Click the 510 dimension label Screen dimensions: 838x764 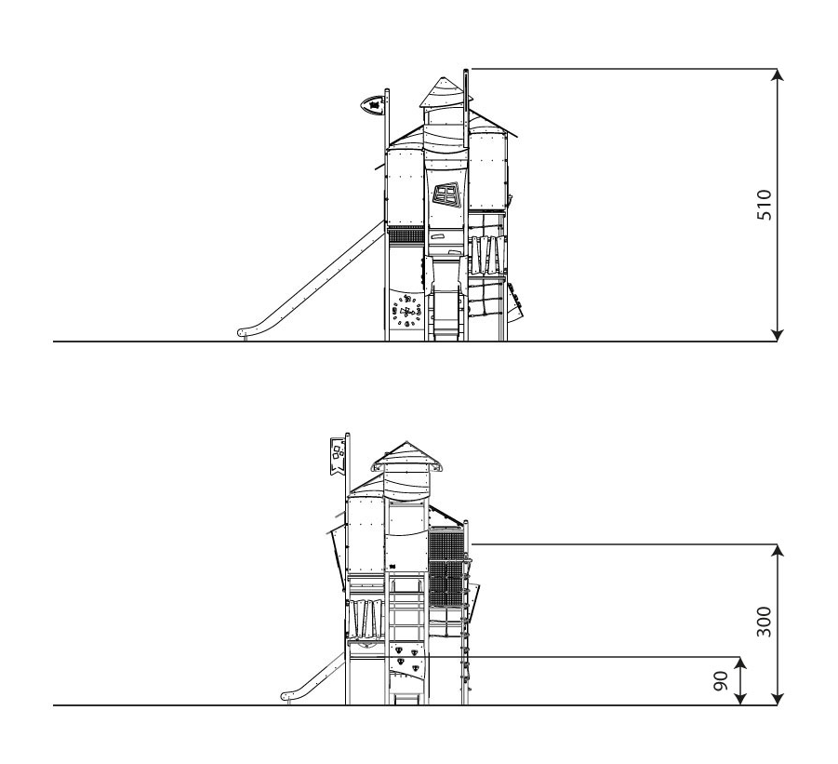765,205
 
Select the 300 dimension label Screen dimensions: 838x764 765,622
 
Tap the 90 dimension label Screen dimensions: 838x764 722,681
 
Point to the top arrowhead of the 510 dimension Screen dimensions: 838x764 778,74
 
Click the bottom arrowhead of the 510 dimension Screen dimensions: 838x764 778,335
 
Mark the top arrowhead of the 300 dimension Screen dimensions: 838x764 778,550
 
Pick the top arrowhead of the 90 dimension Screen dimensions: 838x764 740,663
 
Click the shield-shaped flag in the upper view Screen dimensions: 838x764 374,105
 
